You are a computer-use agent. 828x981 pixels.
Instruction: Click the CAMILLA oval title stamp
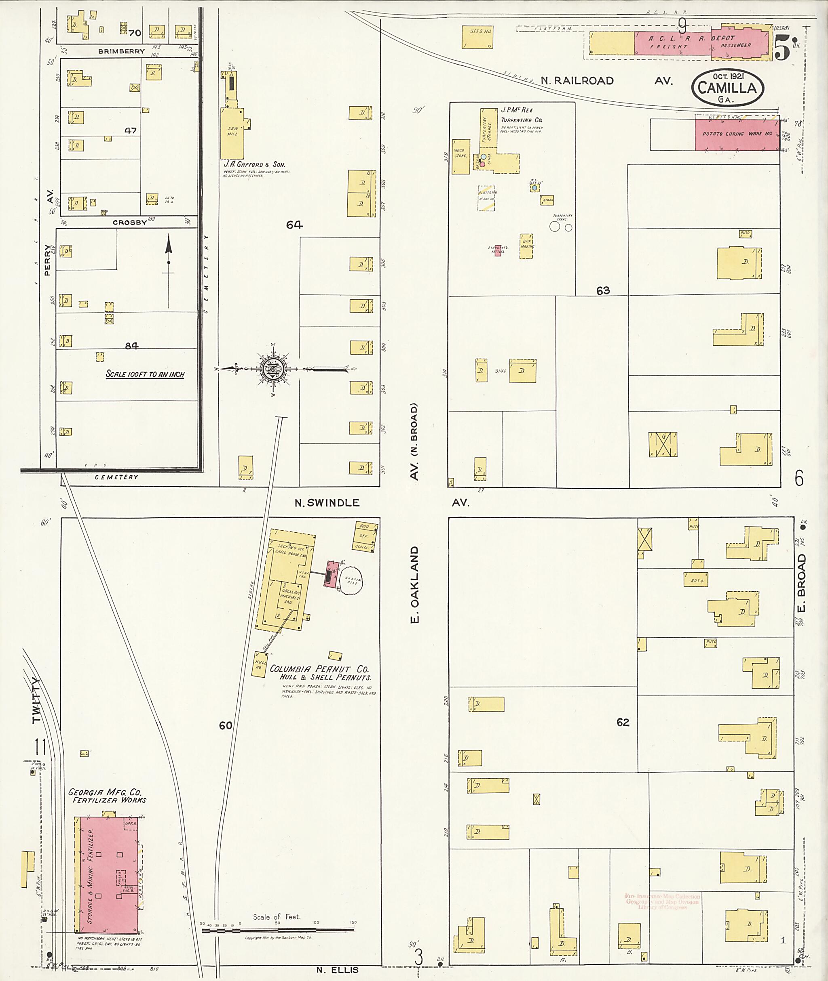727,88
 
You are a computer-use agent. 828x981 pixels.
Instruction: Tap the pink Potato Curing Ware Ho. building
737,134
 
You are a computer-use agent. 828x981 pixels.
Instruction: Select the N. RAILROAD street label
577,81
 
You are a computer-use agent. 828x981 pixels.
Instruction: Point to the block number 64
294,225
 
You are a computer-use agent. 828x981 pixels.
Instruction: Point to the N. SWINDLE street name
327,503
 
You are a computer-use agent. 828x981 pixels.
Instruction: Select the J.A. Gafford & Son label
254,165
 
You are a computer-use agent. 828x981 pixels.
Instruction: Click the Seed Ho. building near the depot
477,38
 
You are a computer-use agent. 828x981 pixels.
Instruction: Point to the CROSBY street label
129,222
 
